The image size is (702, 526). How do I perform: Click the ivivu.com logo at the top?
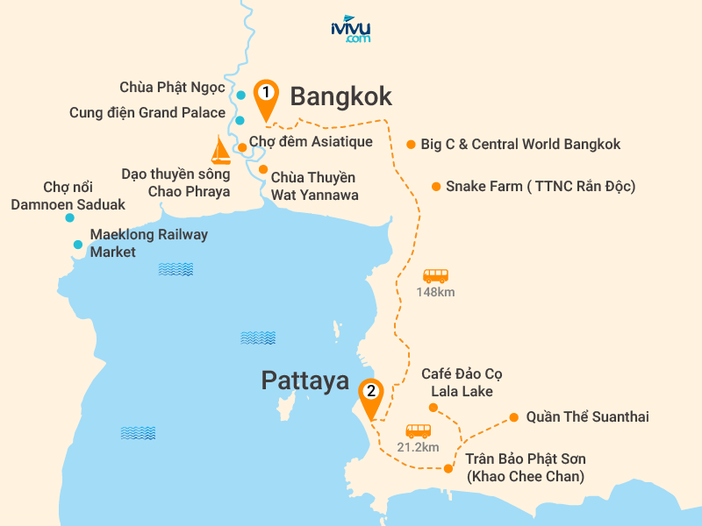(x=350, y=31)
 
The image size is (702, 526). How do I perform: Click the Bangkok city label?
(x=340, y=96)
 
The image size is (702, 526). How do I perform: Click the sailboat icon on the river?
(x=221, y=151)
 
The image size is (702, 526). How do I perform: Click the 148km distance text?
(x=435, y=292)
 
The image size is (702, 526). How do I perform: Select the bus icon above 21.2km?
(x=418, y=430)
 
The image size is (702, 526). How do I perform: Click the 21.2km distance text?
(x=418, y=447)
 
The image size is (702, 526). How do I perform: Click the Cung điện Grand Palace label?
(x=147, y=112)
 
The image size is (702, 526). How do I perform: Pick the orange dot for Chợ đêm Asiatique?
(x=243, y=147)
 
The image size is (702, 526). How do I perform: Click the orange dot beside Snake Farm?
(x=436, y=186)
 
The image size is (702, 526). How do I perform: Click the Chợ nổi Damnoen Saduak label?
(x=68, y=196)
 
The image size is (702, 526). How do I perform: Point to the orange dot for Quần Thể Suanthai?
(x=514, y=417)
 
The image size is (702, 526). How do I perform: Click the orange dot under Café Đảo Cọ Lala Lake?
(x=433, y=408)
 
